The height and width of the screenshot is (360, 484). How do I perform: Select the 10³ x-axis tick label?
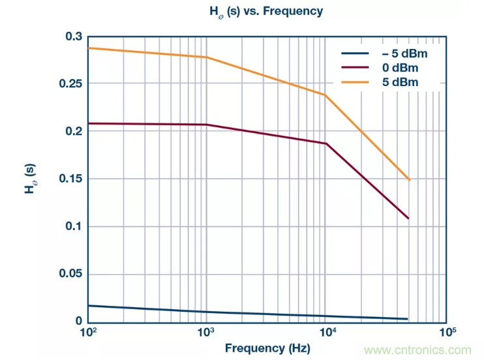[x=206, y=332]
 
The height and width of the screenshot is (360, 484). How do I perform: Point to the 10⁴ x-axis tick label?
[x=327, y=332]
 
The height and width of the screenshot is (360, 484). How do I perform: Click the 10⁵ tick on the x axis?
[x=446, y=332]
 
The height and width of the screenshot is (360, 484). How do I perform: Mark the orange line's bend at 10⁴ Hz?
[x=325, y=95]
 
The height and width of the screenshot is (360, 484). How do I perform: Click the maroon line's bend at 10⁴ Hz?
[x=325, y=143]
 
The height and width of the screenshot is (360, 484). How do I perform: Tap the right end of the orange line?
[x=409, y=179]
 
